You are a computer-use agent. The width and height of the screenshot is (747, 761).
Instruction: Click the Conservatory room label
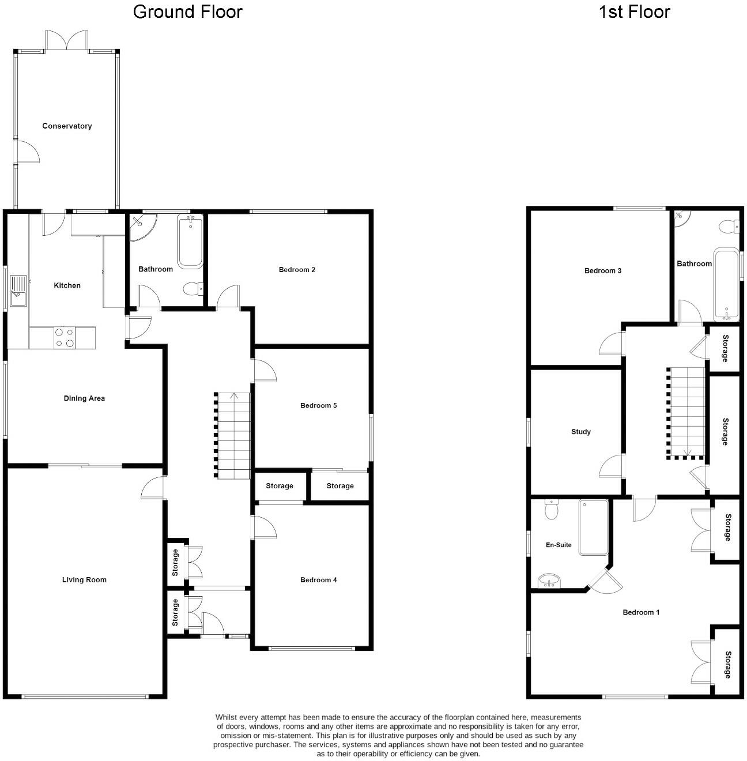67,126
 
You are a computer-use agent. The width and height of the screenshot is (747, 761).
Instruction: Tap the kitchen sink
18,292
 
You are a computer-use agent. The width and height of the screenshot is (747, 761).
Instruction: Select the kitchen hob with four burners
64,337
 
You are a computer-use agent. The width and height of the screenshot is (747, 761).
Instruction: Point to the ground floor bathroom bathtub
190,242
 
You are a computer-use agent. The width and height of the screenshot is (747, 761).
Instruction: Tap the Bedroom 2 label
297,270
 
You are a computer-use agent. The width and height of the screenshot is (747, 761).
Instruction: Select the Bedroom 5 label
318,406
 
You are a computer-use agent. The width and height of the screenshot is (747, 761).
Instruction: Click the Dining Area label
84,398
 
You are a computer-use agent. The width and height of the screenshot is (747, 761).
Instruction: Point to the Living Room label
84,580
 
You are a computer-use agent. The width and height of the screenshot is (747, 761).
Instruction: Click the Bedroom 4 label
318,580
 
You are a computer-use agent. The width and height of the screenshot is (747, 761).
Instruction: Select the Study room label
580,432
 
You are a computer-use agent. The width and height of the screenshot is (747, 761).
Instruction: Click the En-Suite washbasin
549,581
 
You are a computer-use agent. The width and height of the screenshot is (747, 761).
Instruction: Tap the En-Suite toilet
552,510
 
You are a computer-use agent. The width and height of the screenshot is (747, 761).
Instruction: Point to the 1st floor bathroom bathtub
726,284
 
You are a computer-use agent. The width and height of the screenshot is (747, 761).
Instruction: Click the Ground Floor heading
187,12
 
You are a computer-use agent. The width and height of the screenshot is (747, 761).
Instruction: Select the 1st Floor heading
634,12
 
